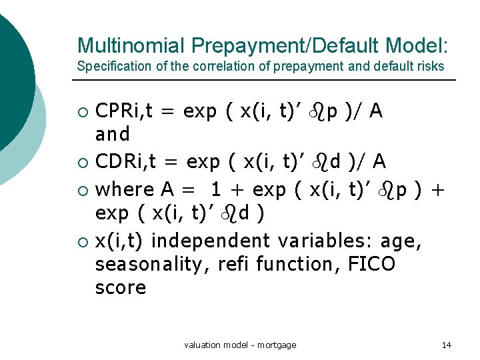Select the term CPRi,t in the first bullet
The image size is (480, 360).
coord(125,111)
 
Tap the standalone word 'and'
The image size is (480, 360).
coord(113,135)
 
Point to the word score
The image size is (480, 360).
coord(121,288)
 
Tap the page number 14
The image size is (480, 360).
coord(447,345)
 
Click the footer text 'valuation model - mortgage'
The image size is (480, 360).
coord(240,345)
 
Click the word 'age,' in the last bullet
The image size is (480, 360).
coord(403,241)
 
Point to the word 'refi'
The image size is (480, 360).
coord(233,265)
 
